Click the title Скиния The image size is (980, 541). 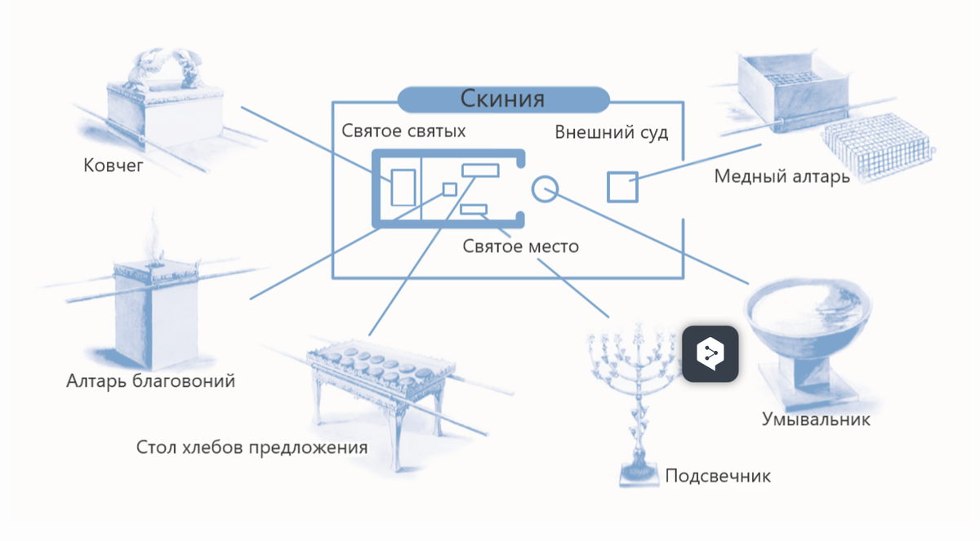coord(502,99)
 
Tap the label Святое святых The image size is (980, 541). coord(403,131)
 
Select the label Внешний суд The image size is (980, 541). coord(612,132)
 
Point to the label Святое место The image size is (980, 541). coord(521,245)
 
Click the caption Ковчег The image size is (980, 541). coord(114,166)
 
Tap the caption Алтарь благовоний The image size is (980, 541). coord(151,380)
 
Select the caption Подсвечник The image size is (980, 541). coord(718,476)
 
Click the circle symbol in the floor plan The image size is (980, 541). coord(544,188)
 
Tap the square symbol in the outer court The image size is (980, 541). coord(622,187)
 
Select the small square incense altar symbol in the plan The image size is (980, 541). coord(449,189)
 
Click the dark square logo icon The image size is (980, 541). coord(710,354)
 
